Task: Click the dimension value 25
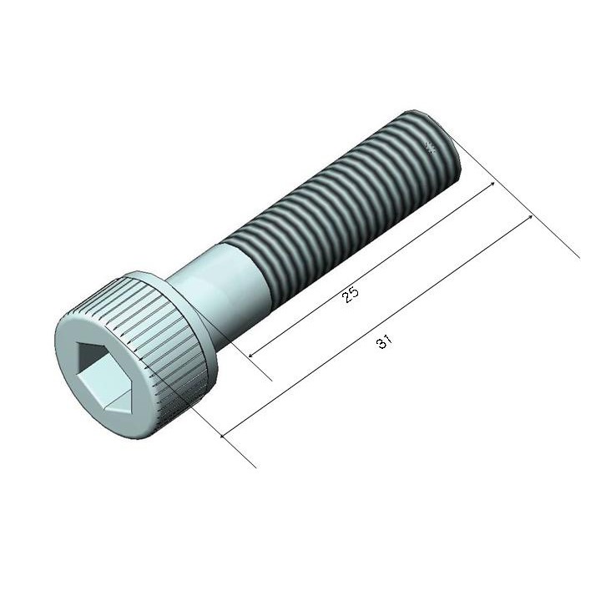351,295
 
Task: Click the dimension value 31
385,341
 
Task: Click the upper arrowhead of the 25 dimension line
492,184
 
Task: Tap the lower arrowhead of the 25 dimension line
250,355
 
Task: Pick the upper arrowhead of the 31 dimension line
530,217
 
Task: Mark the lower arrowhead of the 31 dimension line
222,435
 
